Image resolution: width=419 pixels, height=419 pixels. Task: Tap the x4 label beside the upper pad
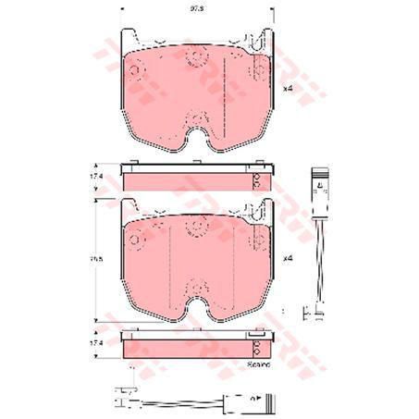[287, 88]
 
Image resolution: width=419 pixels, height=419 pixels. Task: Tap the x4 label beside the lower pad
[287, 258]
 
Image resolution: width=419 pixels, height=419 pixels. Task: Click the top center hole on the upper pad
[195, 61]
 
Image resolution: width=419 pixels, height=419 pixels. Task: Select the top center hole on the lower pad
[195, 229]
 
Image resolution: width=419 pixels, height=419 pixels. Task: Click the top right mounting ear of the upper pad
[267, 39]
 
